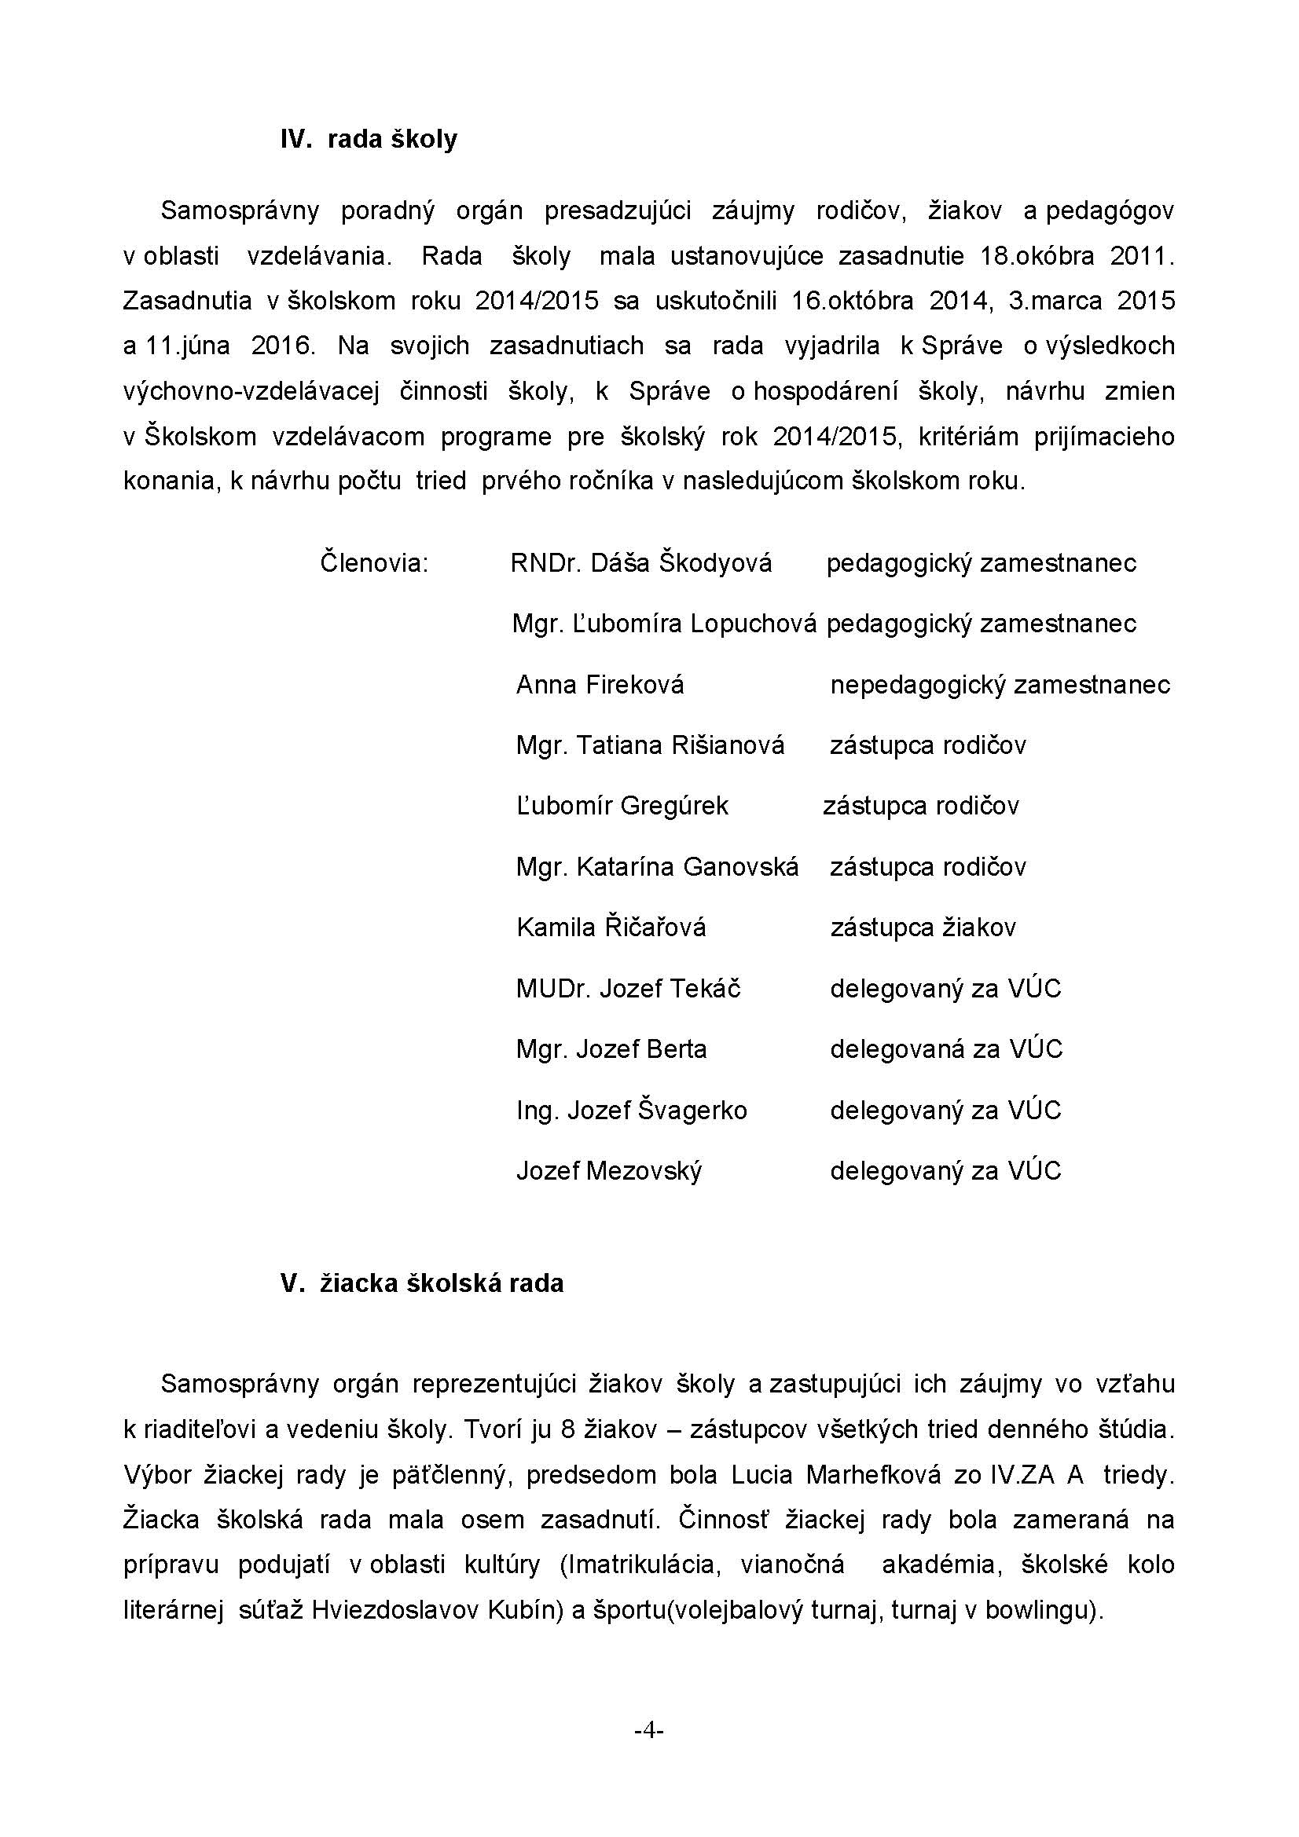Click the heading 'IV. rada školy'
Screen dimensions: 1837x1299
(369, 139)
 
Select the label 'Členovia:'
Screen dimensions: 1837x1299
(375, 562)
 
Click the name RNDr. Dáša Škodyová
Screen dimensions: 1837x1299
(641, 563)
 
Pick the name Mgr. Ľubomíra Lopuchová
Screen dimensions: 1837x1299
(664, 624)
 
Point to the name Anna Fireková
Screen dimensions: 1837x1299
(600, 685)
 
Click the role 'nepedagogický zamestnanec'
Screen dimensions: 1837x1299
(1000, 685)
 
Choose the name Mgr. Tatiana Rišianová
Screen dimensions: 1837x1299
(650, 745)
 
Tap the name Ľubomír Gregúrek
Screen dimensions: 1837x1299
(622, 806)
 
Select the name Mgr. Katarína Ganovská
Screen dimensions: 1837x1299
(657, 866)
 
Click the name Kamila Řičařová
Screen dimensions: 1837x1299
(611, 928)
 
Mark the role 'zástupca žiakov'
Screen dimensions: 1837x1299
(923, 928)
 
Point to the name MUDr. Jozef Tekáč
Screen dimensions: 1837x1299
(629, 989)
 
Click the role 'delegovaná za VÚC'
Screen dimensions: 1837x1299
(946, 1049)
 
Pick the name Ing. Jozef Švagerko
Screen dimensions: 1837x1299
(632, 1111)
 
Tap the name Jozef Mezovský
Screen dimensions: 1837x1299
(609, 1171)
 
